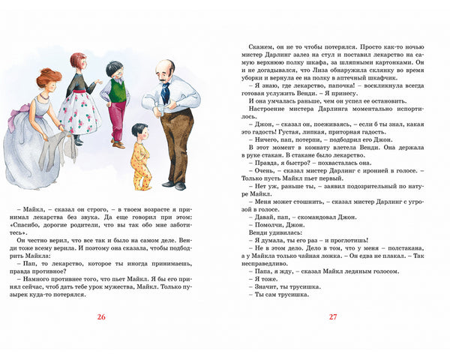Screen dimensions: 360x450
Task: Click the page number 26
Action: (102, 316)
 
